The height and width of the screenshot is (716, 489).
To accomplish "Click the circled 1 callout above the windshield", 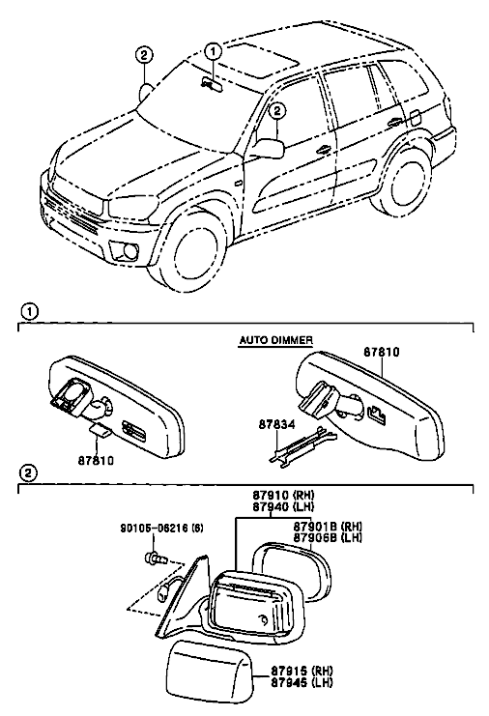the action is coord(214,52).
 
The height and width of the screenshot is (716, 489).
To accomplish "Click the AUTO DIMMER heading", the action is coord(276,340).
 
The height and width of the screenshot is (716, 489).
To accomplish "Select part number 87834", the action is coord(276,424).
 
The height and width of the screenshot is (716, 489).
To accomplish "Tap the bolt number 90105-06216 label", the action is coord(162,529).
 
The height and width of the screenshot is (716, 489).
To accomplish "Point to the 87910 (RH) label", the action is coord(283,495).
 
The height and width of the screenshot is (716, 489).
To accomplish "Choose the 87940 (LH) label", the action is coord(283,506).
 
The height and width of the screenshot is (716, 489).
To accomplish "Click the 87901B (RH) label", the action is coord(328,527).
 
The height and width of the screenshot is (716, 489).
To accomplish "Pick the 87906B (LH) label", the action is coord(328,537).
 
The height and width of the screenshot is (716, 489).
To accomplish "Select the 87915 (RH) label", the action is coord(302,671).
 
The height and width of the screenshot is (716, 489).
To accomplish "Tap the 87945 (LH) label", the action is coord(302,682).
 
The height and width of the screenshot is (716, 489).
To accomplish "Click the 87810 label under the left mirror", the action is coord(96,461).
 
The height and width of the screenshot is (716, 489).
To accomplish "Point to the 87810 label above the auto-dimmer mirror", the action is coord(382,352).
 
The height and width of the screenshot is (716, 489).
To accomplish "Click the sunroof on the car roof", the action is coord(262,60).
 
